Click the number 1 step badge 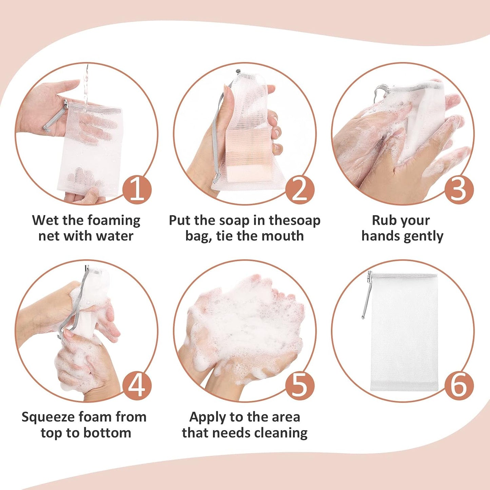137,189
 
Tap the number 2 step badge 299,189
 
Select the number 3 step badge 458,189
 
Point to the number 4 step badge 137,386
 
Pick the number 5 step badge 299,386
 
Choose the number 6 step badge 458,386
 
